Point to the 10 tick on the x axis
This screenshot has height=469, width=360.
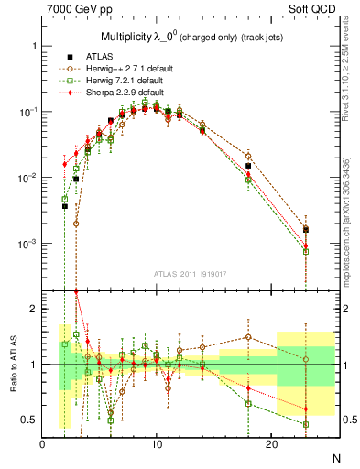pyautogui.click(x=157, y=445)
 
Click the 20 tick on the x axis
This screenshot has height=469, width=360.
pyautogui.click(x=271, y=445)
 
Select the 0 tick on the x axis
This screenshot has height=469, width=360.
pyautogui.click(x=42, y=445)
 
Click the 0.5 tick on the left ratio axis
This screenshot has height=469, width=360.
pyautogui.click(x=30, y=420)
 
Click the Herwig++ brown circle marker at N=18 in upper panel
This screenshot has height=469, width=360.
pyautogui.click(x=248, y=156)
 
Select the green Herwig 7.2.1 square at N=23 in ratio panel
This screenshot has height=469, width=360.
pyautogui.click(x=306, y=425)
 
